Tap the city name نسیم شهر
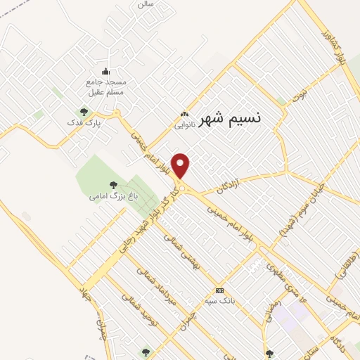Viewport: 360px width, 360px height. click(229, 118)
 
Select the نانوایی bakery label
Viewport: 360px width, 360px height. click(185, 125)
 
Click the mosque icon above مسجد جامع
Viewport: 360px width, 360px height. click(105, 71)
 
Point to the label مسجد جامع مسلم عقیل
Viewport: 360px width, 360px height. click(106, 86)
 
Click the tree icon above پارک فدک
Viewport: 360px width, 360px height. click(84, 111)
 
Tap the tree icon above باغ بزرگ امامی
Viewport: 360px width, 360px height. click(113, 185)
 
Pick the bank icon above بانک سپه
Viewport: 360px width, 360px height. click(219, 290)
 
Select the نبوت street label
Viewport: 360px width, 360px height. click(300, 94)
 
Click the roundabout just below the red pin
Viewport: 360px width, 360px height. click(181, 188)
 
